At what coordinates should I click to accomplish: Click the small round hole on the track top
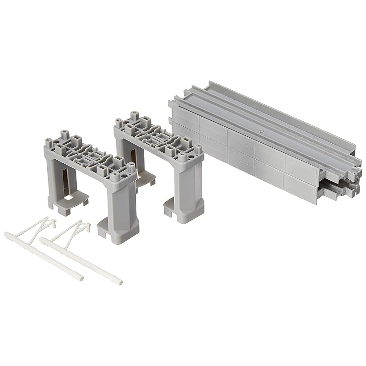(x=261, y=130)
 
